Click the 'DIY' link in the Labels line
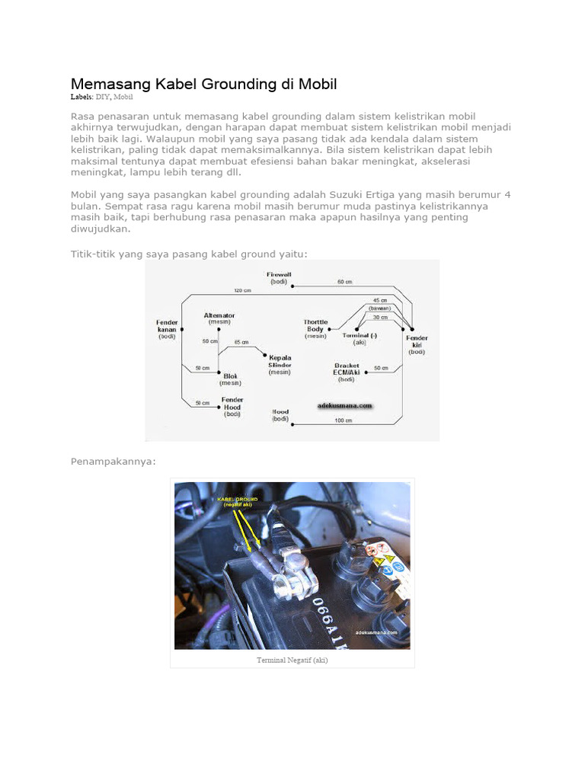click(x=101, y=97)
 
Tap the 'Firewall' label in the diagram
click(x=279, y=277)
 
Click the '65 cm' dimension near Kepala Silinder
click(x=241, y=341)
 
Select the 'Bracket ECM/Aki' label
click(x=347, y=371)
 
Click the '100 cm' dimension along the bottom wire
click(x=344, y=420)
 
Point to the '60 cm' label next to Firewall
click(x=344, y=282)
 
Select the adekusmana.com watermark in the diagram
click(x=345, y=406)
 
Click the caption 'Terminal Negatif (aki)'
click(x=292, y=660)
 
